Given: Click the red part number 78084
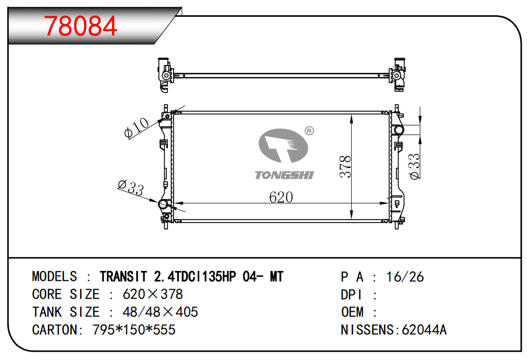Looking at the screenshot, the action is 80,26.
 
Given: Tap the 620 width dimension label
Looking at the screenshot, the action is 281,197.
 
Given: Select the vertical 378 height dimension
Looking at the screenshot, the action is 346,167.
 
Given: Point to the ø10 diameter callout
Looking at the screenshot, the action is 136,128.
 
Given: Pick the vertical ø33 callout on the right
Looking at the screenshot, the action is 414,167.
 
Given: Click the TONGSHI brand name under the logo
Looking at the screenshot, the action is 284,175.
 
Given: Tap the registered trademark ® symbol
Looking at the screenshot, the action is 309,130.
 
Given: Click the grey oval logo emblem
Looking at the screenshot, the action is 283,145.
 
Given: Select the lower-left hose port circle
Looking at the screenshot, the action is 163,204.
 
